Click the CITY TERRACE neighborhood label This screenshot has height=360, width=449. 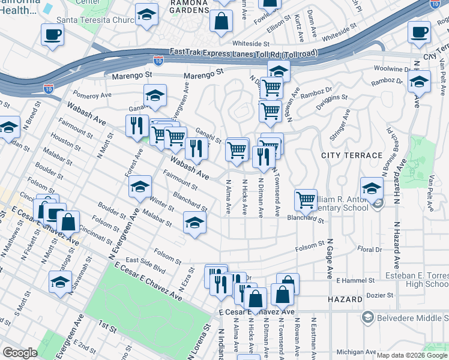[352, 155]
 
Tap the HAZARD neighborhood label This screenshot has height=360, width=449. [345, 299]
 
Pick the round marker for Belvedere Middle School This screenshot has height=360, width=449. [367, 316]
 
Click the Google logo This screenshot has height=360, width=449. [20, 353]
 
